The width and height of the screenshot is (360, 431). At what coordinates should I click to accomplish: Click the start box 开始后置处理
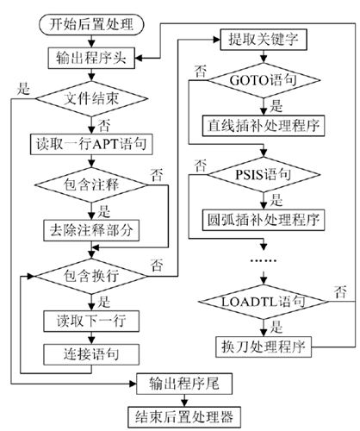91,24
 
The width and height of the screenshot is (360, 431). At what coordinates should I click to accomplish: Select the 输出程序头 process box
91,59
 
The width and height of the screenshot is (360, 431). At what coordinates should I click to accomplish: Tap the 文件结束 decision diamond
91,99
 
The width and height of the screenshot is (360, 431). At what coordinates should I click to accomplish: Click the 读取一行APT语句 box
91,144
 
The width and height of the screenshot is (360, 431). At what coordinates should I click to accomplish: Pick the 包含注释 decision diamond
91,184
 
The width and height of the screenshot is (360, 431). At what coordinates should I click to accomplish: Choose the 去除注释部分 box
91,230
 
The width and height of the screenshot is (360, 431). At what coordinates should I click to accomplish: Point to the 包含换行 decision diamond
91,276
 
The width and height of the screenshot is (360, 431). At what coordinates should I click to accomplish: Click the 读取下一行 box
91,321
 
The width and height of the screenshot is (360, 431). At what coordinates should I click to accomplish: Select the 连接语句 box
91,354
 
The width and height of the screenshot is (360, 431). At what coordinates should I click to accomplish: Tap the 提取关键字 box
264,40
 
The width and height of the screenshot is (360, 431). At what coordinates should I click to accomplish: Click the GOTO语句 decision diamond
264,80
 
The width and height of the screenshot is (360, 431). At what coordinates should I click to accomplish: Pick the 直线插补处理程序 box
264,126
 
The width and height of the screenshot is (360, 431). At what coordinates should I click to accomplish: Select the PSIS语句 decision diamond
264,174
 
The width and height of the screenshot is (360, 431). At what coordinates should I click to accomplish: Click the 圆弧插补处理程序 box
264,220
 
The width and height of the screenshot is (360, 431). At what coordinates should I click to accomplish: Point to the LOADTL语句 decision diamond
264,302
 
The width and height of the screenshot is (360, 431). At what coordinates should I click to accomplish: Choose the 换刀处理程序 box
264,347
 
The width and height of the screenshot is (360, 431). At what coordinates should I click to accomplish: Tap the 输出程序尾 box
184,384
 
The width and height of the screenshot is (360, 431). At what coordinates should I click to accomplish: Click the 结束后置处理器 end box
184,417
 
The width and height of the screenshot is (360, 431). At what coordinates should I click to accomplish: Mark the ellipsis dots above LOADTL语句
264,260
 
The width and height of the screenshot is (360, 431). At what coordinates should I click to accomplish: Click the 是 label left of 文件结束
23,89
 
